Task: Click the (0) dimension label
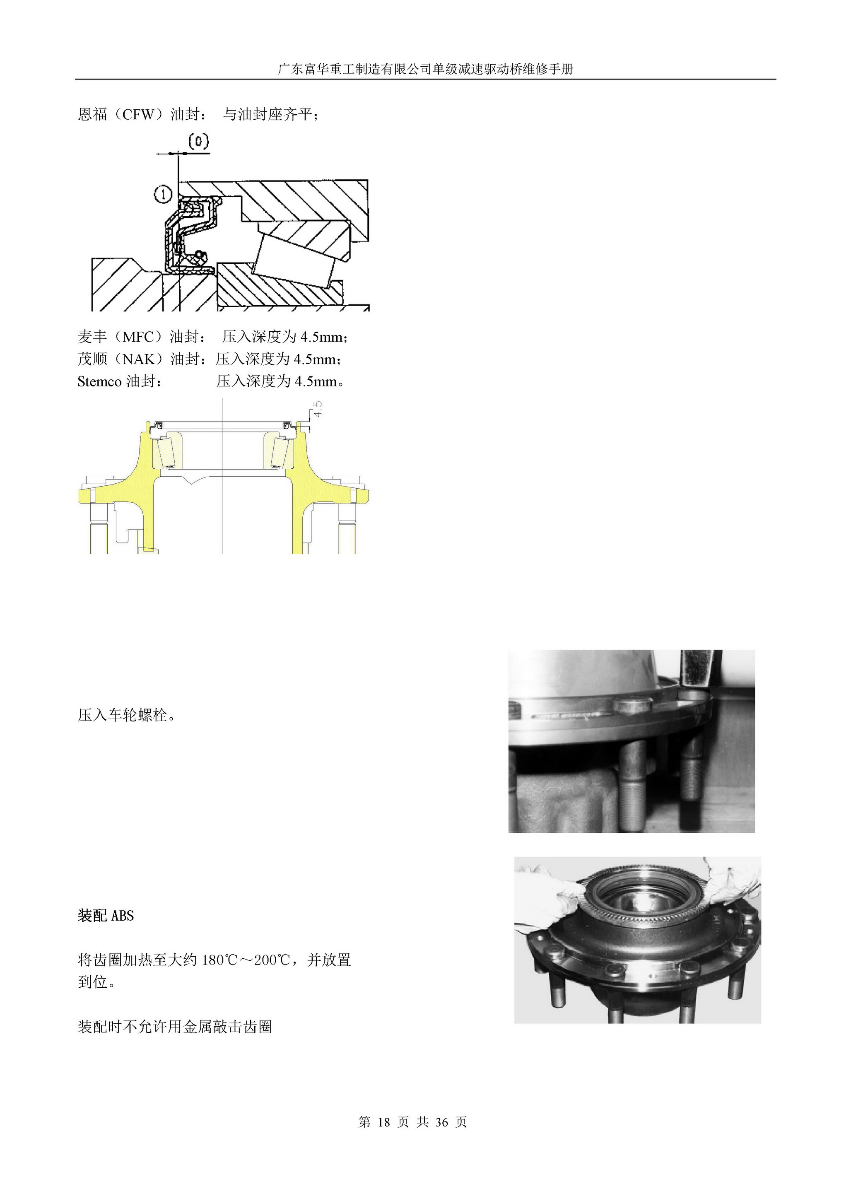[x=199, y=142]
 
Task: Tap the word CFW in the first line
[x=138, y=114]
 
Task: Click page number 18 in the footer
[x=383, y=1122]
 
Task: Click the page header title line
[x=426, y=69]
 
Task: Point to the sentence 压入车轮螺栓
[x=126, y=715]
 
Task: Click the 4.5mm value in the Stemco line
[x=316, y=381]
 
